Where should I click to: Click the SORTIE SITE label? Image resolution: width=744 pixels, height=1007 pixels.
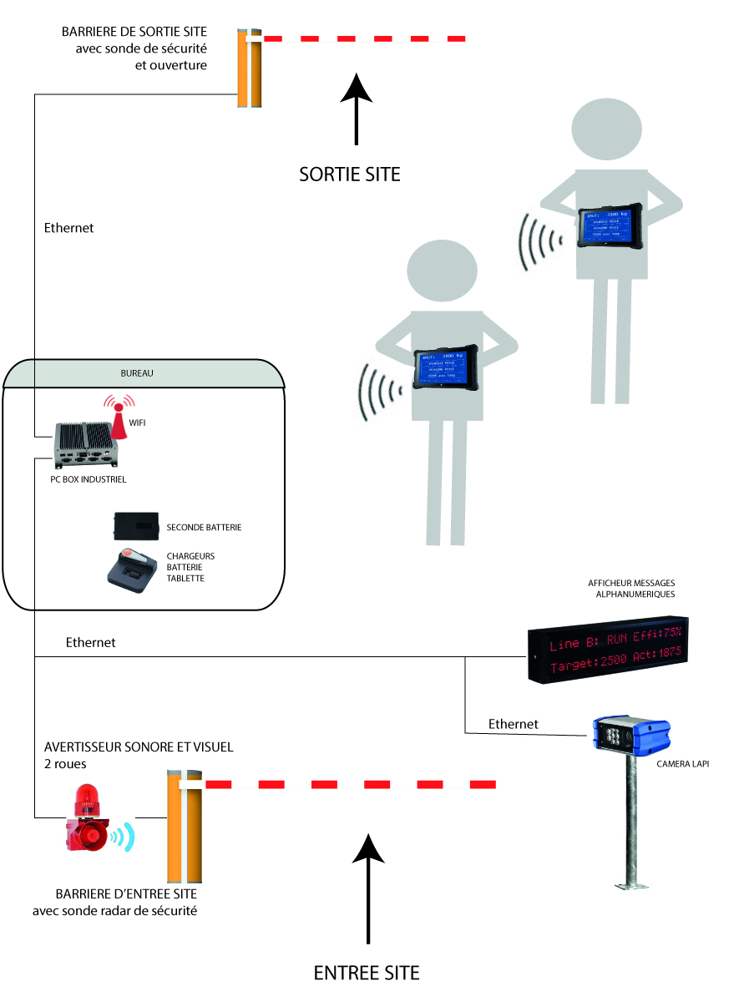[x=350, y=175]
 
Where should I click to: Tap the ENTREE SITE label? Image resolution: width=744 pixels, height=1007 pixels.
[x=367, y=973]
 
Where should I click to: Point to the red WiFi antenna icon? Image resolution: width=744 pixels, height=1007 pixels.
[x=119, y=417]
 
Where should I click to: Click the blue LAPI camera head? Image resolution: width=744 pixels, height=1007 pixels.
[x=630, y=736]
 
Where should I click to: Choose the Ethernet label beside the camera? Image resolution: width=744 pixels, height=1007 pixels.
[x=513, y=724]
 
